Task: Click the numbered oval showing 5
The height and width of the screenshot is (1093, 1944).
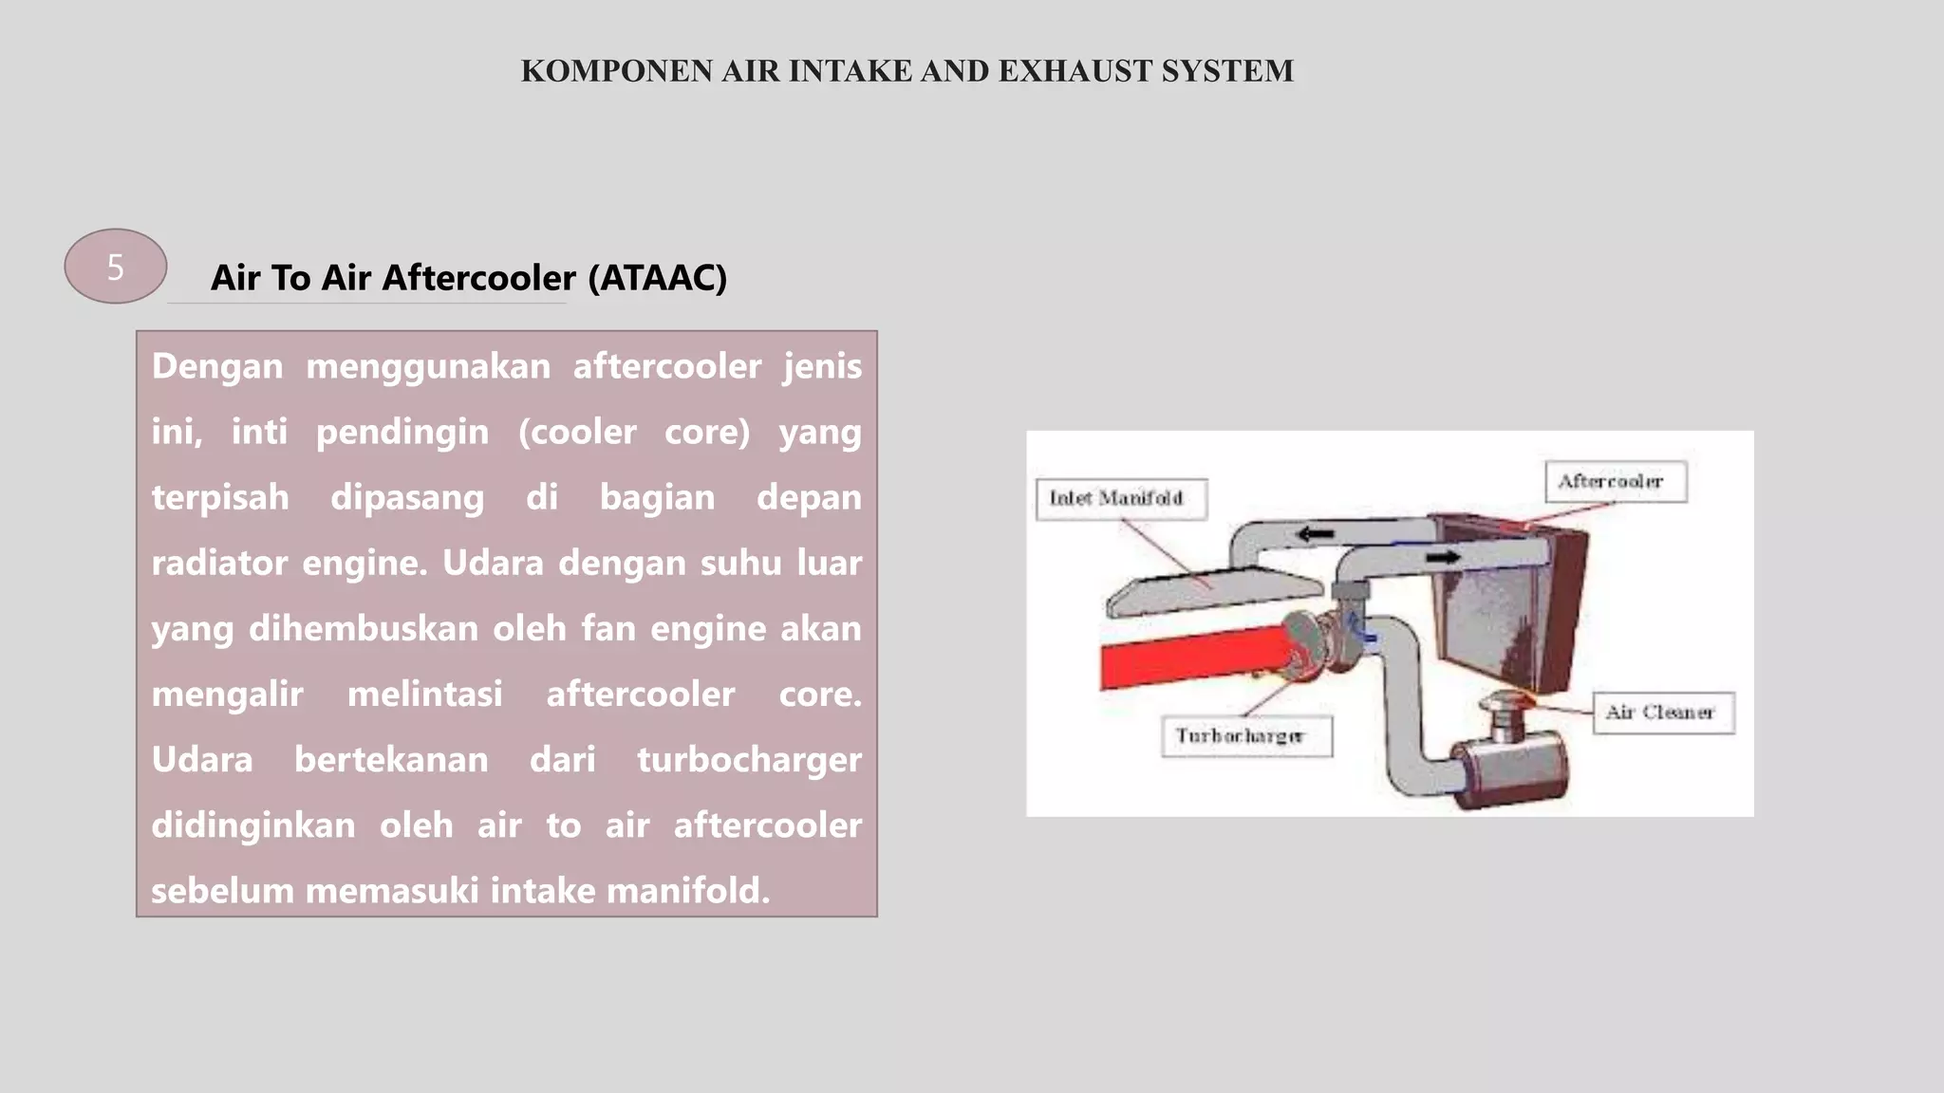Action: (x=115, y=267)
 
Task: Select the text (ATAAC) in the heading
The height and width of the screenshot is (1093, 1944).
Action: (x=657, y=278)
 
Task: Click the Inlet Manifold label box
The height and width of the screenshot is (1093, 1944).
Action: (x=1121, y=499)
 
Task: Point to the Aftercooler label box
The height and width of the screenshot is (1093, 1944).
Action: (x=1615, y=482)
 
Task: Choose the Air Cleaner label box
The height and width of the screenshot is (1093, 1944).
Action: (x=1662, y=713)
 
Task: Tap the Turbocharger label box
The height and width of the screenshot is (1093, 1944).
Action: (x=1245, y=736)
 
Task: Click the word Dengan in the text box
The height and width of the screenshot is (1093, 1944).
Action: (x=217, y=366)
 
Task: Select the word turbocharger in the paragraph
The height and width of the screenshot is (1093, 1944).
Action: (x=749, y=759)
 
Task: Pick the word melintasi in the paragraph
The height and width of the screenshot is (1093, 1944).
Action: (x=424, y=694)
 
